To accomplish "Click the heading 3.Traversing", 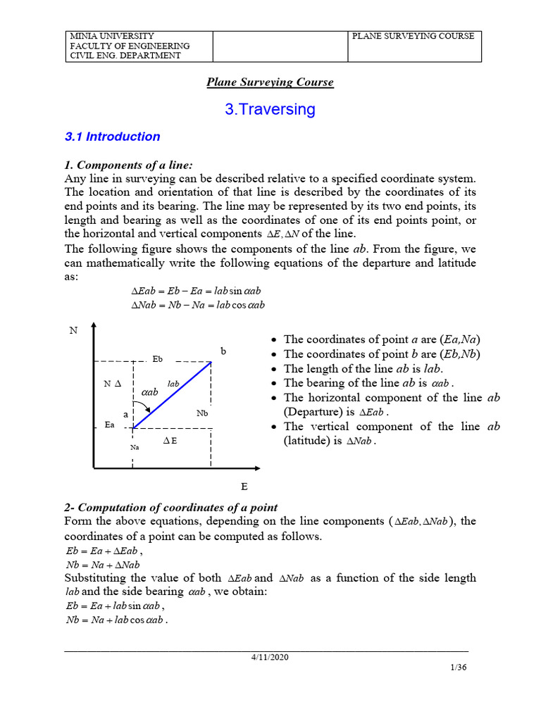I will point(270,109).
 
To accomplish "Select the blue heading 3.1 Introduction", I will point(112,137).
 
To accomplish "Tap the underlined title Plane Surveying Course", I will point(270,82).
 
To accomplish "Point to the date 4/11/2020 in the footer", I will point(270,657).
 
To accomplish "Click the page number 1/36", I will point(458,668).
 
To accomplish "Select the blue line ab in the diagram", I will point(172,395).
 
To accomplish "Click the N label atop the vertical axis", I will point(73,330).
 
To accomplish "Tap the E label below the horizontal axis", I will point(244,487).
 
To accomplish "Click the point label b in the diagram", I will point(223,350).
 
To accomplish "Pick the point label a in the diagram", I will point(125,415).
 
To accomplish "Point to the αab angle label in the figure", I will point(150,391).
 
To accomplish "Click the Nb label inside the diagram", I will point(202,413).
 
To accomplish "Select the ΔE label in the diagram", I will point(170,441).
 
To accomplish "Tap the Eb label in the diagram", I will point(158,359).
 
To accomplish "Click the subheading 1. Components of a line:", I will point(128,165).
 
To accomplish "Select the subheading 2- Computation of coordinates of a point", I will point(170,508).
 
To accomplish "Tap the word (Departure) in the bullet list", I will point(312,412).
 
